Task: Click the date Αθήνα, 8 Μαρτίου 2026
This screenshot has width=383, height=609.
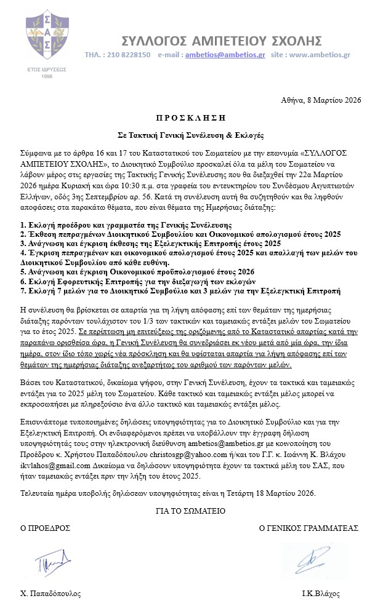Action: [321, 100]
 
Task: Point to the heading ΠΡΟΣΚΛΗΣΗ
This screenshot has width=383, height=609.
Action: [191, 116]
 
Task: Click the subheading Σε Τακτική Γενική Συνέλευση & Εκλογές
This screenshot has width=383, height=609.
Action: [191, 133]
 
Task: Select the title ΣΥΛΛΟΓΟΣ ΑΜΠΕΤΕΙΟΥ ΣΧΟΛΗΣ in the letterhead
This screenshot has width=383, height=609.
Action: [221, 41]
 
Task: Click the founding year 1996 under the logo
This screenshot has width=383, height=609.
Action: [47, 76]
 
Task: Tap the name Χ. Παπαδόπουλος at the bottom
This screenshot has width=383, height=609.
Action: [50, 594]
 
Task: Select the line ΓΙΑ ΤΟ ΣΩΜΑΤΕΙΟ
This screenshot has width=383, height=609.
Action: [191, 511]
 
